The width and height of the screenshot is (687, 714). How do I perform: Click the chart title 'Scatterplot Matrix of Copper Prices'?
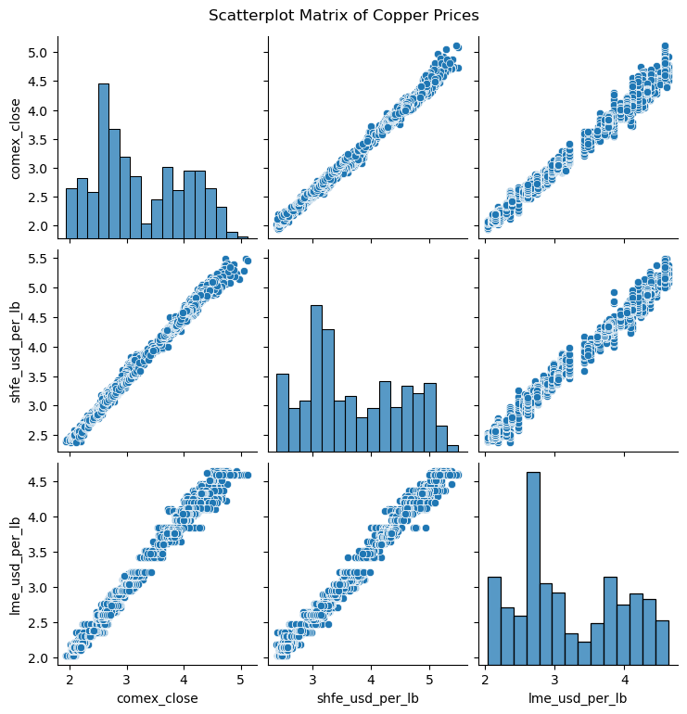(343, 15)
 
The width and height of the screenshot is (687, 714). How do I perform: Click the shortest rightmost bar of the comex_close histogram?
(244, 236)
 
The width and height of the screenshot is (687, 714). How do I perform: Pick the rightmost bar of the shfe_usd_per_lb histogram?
(452, 449)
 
